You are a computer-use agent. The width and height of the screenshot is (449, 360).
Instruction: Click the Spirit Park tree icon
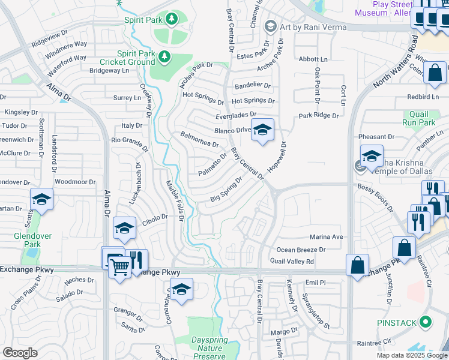click(172, 20)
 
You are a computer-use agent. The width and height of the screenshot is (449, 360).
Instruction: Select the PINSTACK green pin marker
click(426, 323)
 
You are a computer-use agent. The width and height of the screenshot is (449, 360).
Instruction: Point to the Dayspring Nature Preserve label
click(209, 348)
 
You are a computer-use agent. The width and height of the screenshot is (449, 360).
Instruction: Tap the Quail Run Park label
click(418, 118)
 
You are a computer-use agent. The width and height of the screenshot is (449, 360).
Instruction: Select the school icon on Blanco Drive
click(262, 130)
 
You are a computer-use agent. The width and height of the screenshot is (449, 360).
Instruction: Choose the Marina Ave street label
click(326, 237)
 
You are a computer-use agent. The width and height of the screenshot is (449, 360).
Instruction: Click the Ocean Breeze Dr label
click(301, 250)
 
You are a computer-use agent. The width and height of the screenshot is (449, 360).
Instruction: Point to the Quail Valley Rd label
click(292, 262)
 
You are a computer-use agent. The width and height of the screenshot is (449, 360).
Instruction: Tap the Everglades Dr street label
click(237, 114)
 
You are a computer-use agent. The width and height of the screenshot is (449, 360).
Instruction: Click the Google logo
click(20, 353)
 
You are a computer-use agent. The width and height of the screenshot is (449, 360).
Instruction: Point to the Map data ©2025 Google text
click(412, 355)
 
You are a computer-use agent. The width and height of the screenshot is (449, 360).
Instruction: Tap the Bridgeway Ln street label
click(109, 70)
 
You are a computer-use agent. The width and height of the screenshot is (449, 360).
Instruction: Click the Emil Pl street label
click(315, 282)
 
